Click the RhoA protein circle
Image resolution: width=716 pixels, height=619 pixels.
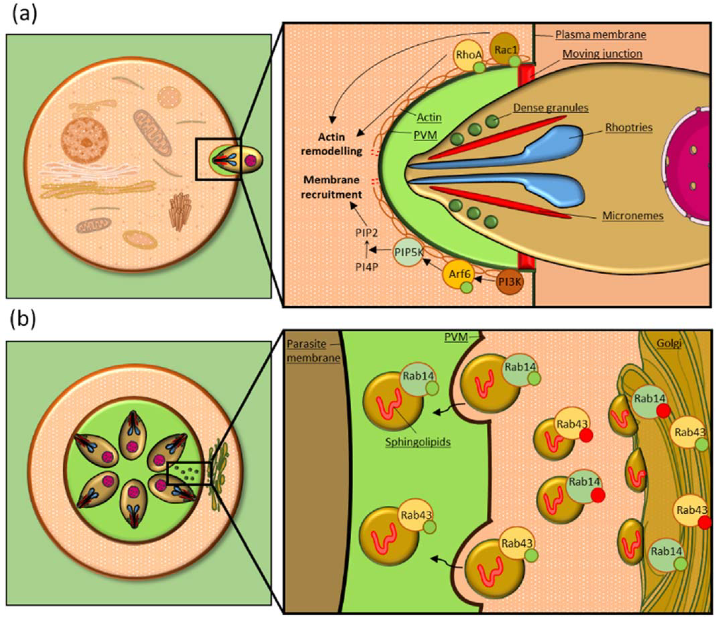467,55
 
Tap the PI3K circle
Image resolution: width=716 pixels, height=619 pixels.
509,282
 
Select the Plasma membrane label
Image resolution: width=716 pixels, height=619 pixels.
601,35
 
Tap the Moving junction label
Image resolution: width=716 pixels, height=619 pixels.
602,54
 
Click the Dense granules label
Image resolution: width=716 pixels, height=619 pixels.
550,108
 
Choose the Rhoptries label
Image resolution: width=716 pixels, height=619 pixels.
629,127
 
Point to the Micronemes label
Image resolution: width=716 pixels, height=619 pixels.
633,216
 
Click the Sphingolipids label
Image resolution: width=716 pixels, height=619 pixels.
418,442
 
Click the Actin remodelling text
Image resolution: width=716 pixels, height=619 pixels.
331,144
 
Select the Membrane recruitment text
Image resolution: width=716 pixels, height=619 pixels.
331,187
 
